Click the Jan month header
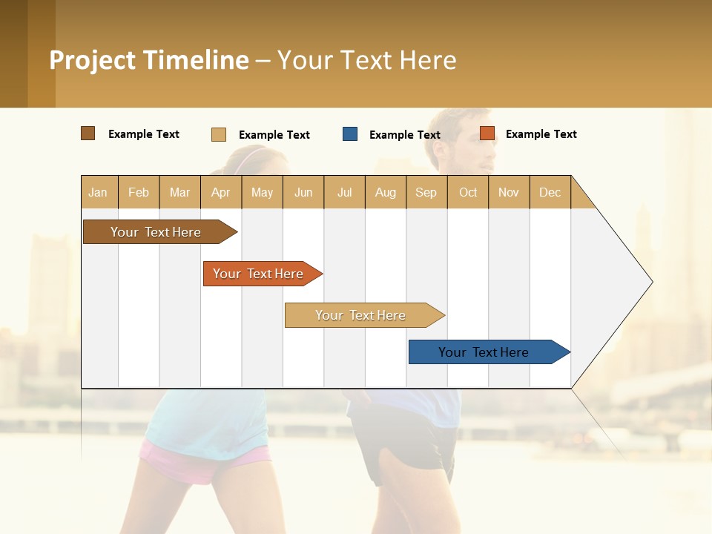pyautogui.click(x=98, y=192)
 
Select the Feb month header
pyautogui.click(x=139, y=192)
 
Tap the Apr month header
pyautogui.click(x=220, y=192)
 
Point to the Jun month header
pyautogui.click(x=303, y=192)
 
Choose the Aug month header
pyautogui.click(x=385, y=192)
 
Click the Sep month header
pyautogui.click(x=426, y=192)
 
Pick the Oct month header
pyautogui.click(x=468, y=192)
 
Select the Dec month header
pyautogui.click(x=550, y=192)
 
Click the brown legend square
pyautogui.click(x=88, y=133)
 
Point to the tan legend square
pyautogui.click(x=219, y=134)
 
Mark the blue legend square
pyautogui.click(x=350, y=134)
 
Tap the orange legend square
pyautogui.click(x=487, y=133)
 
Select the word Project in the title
pyautogui.click(x=93, y=60)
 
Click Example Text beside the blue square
pyautogui.click(x=404, y=135)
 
